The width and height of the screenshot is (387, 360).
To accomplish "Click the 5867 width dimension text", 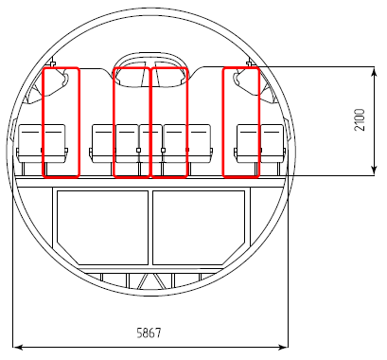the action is pos(149,333).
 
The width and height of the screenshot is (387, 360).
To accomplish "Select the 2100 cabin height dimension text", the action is pos(360,119).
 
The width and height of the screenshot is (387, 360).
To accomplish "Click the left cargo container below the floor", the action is pos(102,227).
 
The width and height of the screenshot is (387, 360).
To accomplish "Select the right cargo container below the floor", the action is pos(199,227).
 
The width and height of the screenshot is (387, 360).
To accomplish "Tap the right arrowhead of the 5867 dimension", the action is pos(284,348).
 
